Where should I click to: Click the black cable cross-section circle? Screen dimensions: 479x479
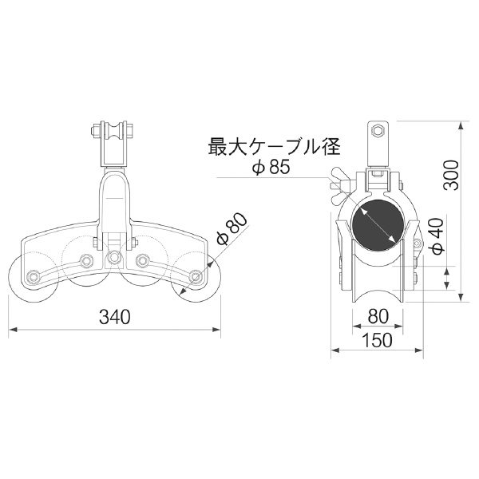[375, 223]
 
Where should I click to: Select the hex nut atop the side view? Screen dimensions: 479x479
[376, 130]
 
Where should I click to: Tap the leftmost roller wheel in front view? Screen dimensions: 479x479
[30, 279]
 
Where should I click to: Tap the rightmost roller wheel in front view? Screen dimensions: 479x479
[196, 279]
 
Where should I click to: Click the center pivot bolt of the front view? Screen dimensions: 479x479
[114, 257]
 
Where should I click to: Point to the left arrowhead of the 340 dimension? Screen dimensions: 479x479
[11, 329]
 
